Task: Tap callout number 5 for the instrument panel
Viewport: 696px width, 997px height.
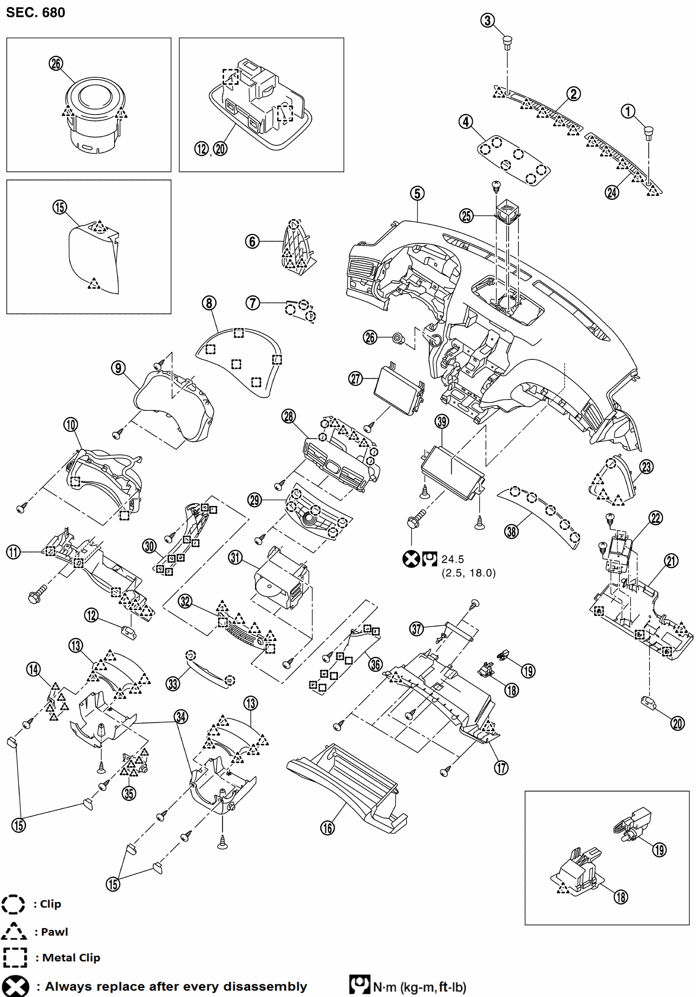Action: tap(417, 193)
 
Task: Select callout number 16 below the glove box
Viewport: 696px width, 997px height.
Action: tap(327, 828)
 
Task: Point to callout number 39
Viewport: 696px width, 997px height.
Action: tap(442, 421)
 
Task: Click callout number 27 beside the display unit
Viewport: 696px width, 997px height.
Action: tap(356, 379)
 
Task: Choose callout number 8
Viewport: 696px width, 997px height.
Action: tap(209, 303)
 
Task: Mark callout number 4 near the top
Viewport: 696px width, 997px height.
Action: tap(466, 122)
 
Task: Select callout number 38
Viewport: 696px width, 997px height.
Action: tap(511, 531)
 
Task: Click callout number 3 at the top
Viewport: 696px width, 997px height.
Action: tap(488, 20)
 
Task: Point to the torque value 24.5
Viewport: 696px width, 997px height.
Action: tap(453, 559)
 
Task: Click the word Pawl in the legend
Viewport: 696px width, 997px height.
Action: tap(55, 932)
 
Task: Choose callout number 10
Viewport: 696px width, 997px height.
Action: tap(71, 424)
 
